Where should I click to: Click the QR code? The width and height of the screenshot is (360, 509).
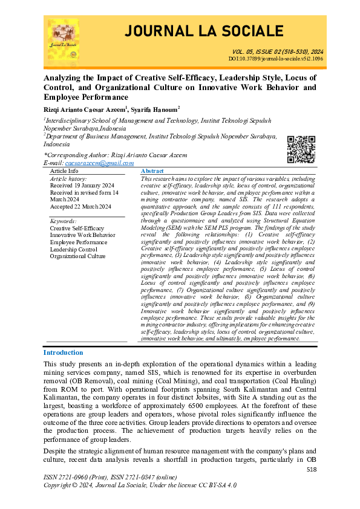coord(300,149)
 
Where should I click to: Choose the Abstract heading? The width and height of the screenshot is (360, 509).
coord(152,172)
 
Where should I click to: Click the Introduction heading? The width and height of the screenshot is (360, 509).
coord(64,352)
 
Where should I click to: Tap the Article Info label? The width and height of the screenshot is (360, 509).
coord(64,172)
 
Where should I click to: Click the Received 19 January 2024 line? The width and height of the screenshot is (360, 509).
coord(82,186)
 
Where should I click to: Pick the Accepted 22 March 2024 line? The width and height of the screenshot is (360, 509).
coord(80,207)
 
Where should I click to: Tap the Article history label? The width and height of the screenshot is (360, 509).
coord(68,179)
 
